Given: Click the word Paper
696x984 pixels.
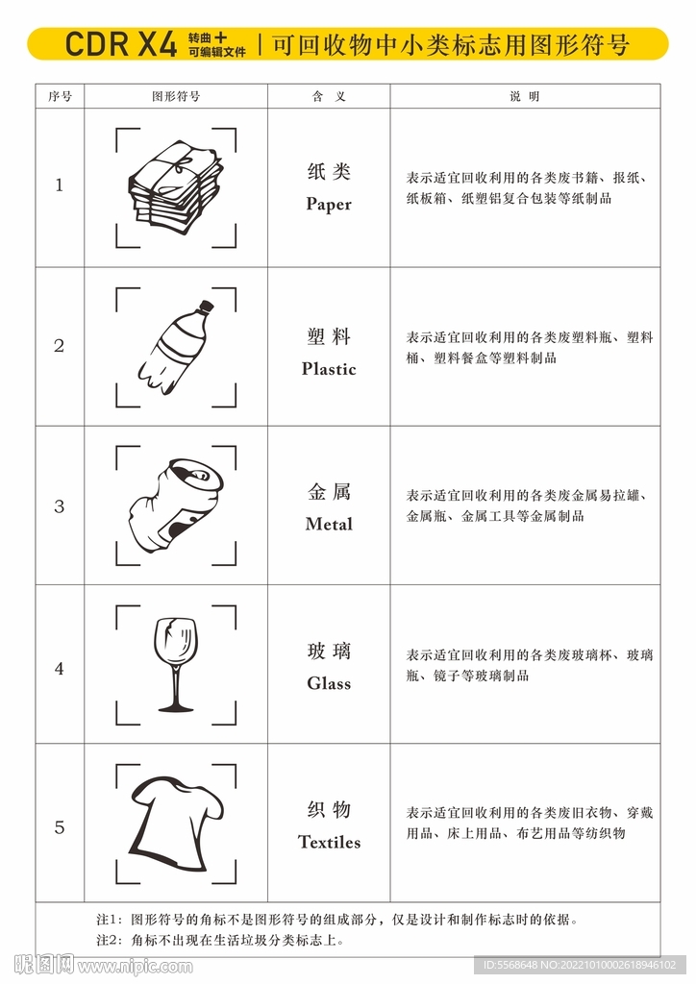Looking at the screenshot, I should tap(329, 204).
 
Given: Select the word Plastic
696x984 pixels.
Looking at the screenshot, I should tap(329, 369).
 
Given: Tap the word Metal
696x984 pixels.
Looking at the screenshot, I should tap(329, 525).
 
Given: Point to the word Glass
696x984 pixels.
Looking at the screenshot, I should tap(329, 684).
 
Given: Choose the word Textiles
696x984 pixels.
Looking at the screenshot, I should tap(329, 843).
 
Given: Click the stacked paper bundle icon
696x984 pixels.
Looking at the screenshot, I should tap(175, 186).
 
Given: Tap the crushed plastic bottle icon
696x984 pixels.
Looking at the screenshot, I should tap(176, 346).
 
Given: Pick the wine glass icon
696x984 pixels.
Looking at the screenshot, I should tap(176, 664).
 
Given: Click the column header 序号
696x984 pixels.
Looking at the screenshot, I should tap(60, 96).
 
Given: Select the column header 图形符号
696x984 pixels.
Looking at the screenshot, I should tap(176, 96).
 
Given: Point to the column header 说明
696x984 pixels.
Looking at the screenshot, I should tap(525, 96).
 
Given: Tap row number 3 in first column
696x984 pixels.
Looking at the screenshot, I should tap(60, 506).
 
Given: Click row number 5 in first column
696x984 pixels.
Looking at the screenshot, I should tap(60, 827).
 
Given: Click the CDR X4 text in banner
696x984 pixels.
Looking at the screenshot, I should tap(120, 44).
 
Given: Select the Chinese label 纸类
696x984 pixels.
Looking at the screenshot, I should tap(329, 172).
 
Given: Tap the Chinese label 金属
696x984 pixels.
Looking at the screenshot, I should tap(329, 492).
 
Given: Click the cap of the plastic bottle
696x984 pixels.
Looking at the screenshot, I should tap(205, 307).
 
